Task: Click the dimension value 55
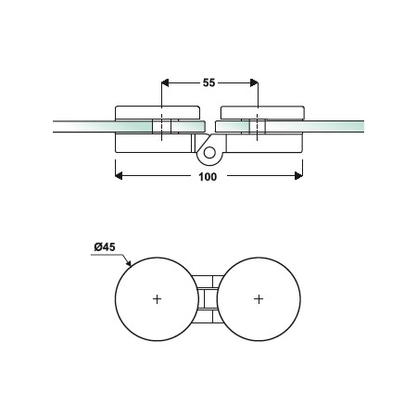(x=208, y=82)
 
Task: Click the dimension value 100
(x=208, y=177)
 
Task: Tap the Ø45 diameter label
(x=105, y=247)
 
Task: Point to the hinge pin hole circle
(x=209, y=153)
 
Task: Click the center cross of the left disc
(x=157, y=299)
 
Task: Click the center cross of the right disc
(x=259, y=299)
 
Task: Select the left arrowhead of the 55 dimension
(x=165, y=82)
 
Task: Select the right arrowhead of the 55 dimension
(x=254, y=82)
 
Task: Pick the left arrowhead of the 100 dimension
(x=119, y=176)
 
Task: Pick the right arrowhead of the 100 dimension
(x=298, y=176)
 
